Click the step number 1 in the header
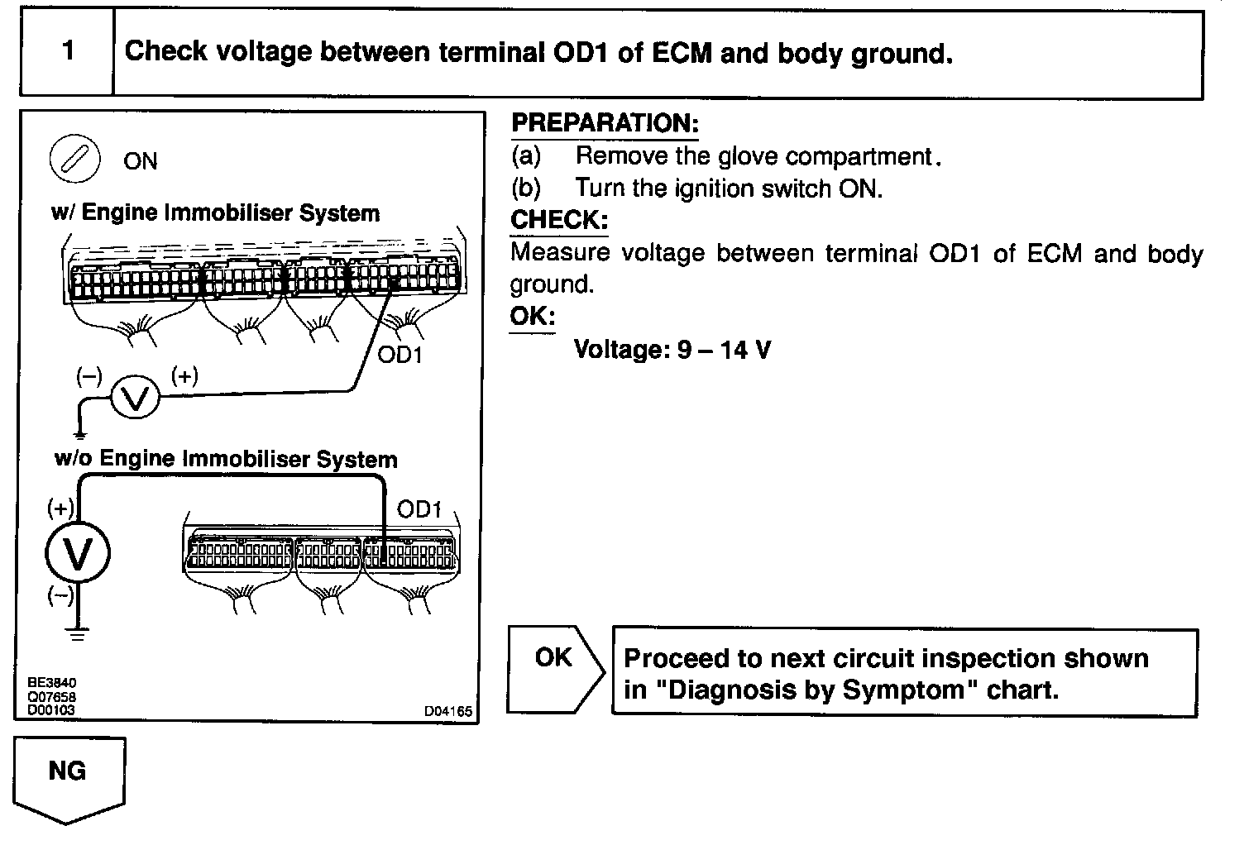[x=68, y=51]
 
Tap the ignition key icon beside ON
[x=75, y=159]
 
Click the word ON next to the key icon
[x=140, y=161]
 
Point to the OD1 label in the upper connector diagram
[x=400, y=356]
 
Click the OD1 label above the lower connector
[x=419, y=509]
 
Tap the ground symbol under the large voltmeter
[x=77, y=635]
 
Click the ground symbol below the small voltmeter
[x=79, y=433]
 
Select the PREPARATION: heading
[x=605, y=123]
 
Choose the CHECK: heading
[x=559, y=220]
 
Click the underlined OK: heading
[x=532, y=317]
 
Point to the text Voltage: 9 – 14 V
[x=672, y=350]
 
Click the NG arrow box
[x=69, y=777]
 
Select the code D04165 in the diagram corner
[x=447, y=710]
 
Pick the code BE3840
[x=51, y=684]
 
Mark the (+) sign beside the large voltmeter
[x=60, y=507]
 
